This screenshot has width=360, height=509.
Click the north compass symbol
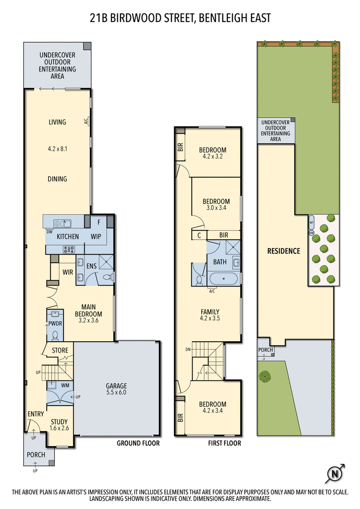click(x=334, y=473)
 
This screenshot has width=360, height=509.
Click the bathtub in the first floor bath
click(x=224, y=279)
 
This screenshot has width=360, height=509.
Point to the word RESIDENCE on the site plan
click(x=283, y=251)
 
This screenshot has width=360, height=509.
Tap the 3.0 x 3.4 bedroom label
click(x=216, y=205)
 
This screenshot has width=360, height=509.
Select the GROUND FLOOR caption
click(x=138, y=443)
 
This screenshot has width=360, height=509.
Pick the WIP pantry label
click(x=96, y=237)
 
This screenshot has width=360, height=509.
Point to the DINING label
click(x=57, y=179)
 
